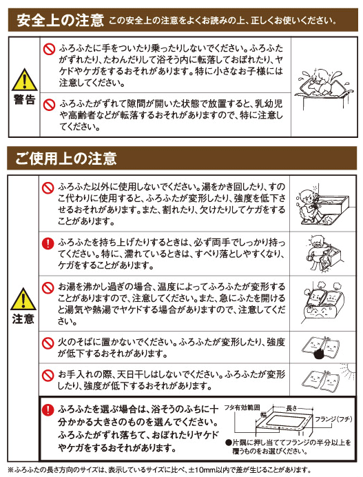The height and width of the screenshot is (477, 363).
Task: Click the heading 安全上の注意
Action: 60,20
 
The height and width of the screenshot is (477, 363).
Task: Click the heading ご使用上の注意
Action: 66,159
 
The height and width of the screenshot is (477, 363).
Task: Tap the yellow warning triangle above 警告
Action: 24,80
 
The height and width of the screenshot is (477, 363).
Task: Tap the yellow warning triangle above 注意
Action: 23,299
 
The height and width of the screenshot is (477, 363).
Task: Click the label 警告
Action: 24,99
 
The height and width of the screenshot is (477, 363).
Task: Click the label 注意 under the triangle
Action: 23,318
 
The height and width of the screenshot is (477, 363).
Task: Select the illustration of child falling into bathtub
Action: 324,88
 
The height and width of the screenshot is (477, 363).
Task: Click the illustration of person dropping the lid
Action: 324,254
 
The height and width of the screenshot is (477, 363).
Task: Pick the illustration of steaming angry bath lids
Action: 323,303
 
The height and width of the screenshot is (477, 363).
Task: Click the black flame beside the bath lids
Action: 318,354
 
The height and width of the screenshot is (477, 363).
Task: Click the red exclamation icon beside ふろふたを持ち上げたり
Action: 48,243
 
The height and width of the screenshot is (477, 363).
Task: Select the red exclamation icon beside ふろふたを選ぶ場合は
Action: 48,409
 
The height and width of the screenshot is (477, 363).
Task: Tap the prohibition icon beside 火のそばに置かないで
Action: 48,343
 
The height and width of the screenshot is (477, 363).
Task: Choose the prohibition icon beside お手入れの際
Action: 48,375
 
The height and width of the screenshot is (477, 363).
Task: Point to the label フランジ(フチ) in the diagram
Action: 333,419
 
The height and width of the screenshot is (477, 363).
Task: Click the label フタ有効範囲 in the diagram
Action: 242,407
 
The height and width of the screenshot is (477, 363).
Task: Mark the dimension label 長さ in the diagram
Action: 291,408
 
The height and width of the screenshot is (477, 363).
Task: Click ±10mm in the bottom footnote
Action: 200,470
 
